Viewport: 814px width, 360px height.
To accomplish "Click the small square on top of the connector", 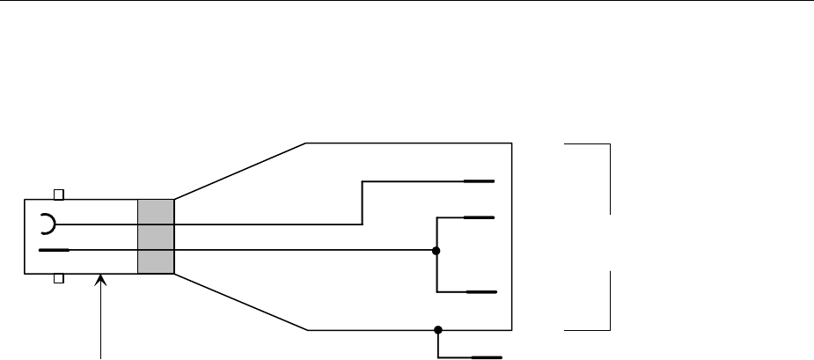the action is (x=59, y=194).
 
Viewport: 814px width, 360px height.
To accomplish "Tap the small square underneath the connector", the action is (x=59, y=279).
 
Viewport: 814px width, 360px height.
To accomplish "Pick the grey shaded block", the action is (x=157, y=236).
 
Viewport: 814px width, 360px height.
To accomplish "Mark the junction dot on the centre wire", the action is (x=436, y=251).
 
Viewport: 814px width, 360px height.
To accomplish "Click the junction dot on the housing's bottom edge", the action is (x=436, y=330).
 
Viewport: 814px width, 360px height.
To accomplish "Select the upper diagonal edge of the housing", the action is (x=240, y=169).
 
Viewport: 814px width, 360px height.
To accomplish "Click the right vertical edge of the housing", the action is (x=512, y=236).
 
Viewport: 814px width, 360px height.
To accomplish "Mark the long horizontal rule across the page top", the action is (x=407, y=2).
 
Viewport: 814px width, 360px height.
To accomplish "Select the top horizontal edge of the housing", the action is (x=409, y=142).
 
